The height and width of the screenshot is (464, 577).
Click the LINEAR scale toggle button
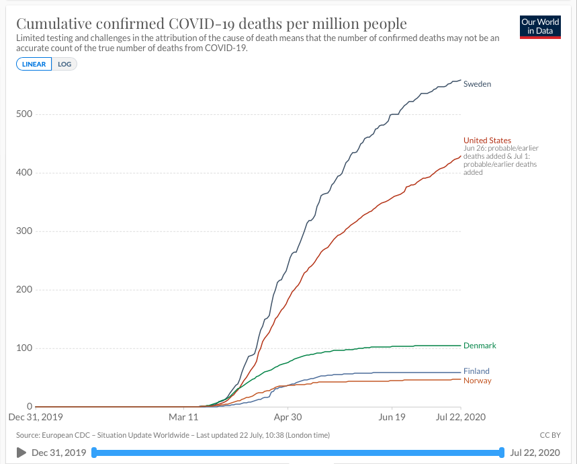coord(34,64)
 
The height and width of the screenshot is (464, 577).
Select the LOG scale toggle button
coord(65,64)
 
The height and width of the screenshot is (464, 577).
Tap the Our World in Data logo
coord(540,27)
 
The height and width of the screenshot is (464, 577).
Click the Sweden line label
coord(477,84)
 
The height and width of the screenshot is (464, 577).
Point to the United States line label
coord(487,141)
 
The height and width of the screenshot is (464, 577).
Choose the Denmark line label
coord(480,346)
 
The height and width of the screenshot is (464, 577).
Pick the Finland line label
coord(476,371)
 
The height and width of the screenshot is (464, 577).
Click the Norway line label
coord(477,381)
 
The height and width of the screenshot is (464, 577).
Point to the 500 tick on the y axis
coord(26,114)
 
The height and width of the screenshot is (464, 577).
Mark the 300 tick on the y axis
coord(26,231)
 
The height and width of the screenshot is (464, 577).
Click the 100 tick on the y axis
coord(26,348)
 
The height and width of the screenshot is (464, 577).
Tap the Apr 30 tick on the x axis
coord(287,417)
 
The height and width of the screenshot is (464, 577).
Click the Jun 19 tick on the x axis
coord(391,417)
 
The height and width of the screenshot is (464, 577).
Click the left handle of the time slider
coord(94,453)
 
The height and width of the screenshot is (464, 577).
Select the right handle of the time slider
coord(502,453)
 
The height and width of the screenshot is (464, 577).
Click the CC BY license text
coord(549,435)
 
